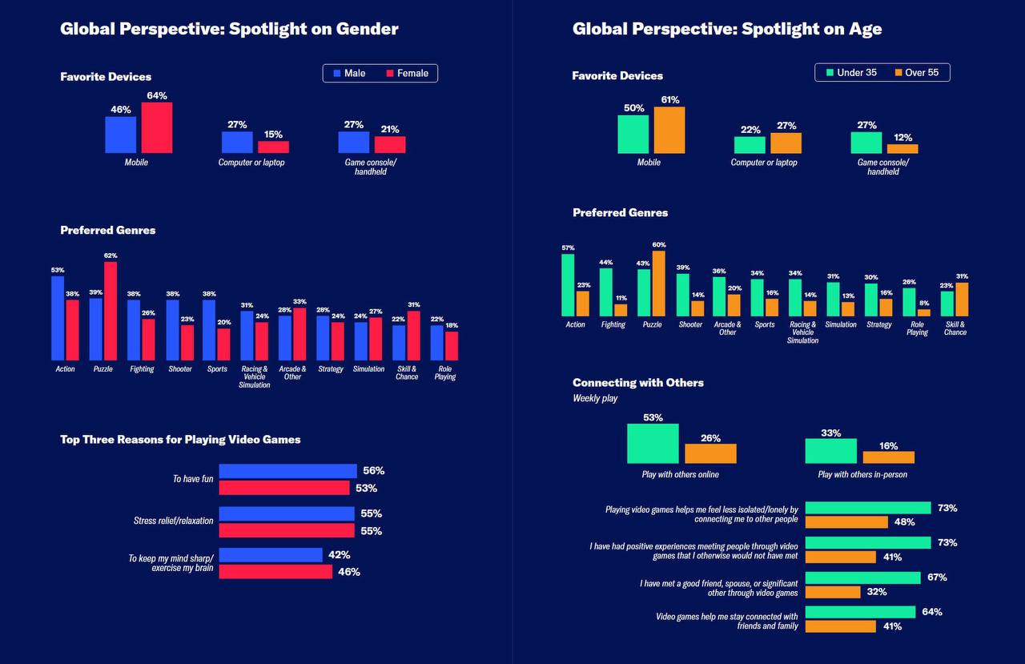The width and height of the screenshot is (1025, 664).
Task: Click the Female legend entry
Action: [x=407, y=74]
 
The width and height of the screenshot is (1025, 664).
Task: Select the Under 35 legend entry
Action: [x=850, y=73]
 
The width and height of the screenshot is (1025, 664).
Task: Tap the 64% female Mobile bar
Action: [x=157, y=127]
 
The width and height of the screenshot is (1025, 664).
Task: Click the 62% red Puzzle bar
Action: [x=111, y=311]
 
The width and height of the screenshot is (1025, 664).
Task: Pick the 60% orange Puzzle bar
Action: [x=658, y=284]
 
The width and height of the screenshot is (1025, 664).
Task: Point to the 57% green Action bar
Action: [x=568, y=285]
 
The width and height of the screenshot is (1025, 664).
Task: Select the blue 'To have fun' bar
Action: [x=287, y=471]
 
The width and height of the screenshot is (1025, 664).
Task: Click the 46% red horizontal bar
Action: [x=275, y=572]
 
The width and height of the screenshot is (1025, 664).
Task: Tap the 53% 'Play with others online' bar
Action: [x=653, y=444]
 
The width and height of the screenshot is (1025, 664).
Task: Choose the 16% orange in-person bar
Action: [x=888, y=457]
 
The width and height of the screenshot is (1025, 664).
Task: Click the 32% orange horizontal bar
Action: [x=833, y=593]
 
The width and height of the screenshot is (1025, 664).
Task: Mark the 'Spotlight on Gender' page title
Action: [x=229, y=30]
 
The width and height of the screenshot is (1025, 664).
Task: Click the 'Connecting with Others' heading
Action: [x=638, y=383]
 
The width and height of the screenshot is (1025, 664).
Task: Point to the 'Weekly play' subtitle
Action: [x=595, y=398]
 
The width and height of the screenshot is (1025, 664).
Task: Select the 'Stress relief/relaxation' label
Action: [x=174, y=521]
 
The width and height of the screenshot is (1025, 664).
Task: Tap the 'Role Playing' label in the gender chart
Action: [x=445, y=373]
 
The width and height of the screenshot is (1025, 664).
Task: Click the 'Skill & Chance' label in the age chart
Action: [x=955, y=328]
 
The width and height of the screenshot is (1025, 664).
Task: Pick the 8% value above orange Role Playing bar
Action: [x=923, y=304]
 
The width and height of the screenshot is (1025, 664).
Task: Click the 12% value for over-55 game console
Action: [x=903, y=138]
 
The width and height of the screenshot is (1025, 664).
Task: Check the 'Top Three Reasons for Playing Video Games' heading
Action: [x=180, y=440]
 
